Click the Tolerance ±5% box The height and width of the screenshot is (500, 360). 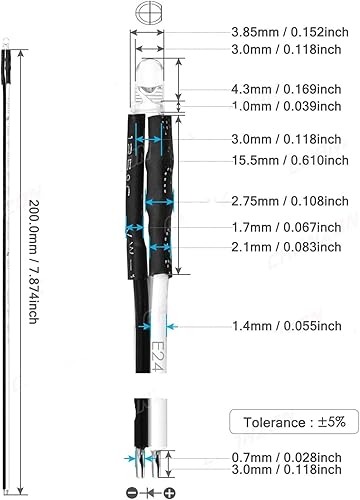pyautogui.click(x=289, y=421)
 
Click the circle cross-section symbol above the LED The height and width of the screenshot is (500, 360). pyautogui.click(x=151, y=15)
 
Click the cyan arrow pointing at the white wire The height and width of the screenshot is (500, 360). pyautogui.click(x=177, y=326)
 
